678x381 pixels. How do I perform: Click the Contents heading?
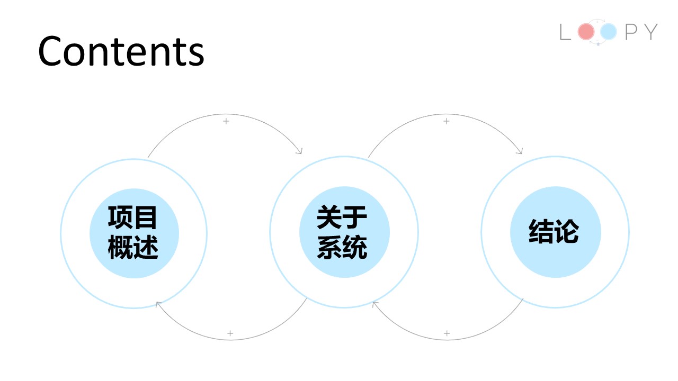pyautogui.click(x=121, y=51)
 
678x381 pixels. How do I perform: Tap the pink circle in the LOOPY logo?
pyautogui.click(x=586, y=32)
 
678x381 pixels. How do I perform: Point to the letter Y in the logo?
pyautogui.click(x=649, y=32)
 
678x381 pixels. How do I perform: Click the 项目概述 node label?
pyautogui.click(x=133, y=233)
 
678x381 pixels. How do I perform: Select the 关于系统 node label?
pyautogui.click(x=343, y=233)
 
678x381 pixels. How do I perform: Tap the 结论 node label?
pyautogui.click(x=554, y=232)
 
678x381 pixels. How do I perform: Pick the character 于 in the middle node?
pyautogui.click(x=355, y=217)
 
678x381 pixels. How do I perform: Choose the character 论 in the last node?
pyautogui.click(x=567, y=232)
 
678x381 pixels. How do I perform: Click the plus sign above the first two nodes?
pyautogui.click(x=226, y=121)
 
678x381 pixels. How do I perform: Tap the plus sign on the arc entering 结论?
pyautogui.click(x=446, y=121)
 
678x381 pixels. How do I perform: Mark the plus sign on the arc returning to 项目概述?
pyautogui.click(x=230, y=333)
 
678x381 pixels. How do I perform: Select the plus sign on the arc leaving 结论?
pyautogui.click(x=447, y=333)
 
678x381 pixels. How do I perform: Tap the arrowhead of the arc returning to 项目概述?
pyautogui.click(x=157, y=304)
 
